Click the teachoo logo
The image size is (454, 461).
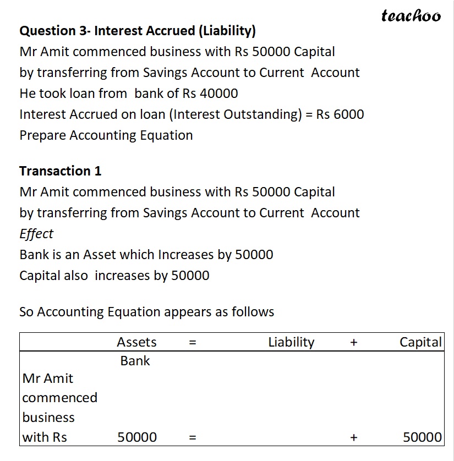tap(411, 16)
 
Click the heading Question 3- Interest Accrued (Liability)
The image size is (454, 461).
tap(138, 31)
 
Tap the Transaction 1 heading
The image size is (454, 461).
tap(61, 171)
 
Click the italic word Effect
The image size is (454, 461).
tap(36, 234)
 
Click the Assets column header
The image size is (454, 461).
tap(136, 342)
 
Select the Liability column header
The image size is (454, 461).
tap(291, 342)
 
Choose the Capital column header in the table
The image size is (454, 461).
tap(420, 342)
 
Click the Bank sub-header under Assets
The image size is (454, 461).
tap(135, 361)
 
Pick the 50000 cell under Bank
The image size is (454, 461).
tap(137, 437)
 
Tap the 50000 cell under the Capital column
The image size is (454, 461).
tap(422, 437)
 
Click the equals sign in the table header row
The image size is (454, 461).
tap(192, 343)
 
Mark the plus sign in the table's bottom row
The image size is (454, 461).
tap(353, 438)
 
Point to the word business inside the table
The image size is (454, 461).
tap(48, 418)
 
